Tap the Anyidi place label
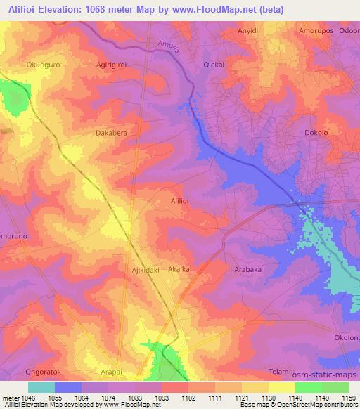pos(251,31)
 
